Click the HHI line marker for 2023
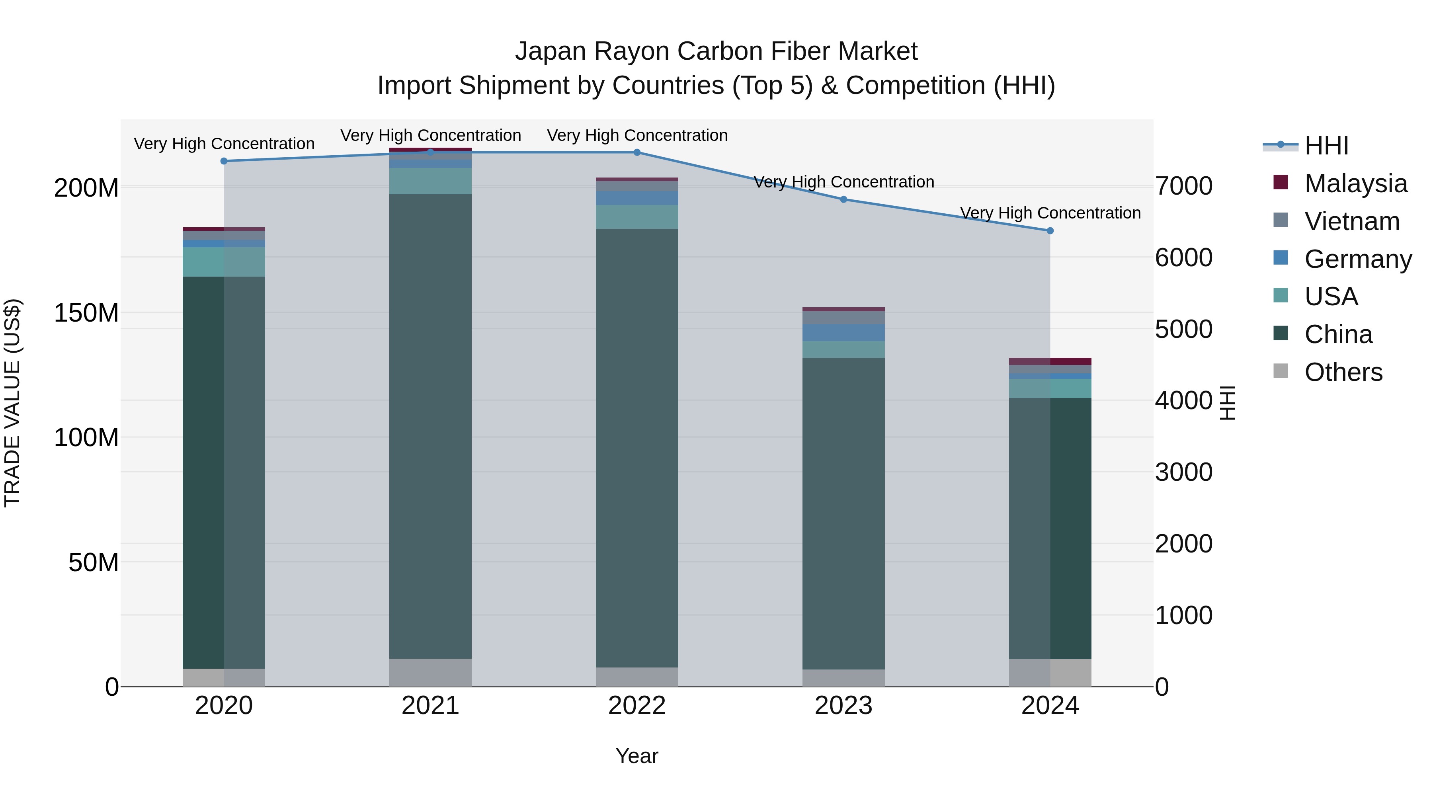click(x=843, y=199)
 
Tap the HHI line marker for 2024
click(x=1050, y=230)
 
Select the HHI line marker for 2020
click(x=224, y=161)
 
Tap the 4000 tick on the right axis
click(x=1184, y=400)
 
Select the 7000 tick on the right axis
click(x=1184, y=186)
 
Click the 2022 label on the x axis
click(x=636, y=706)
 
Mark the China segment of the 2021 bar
click(x=430, y=425)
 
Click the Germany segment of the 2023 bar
click(x=843, y=333)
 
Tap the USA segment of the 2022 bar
click(x=636, y=217)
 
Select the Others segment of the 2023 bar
click(x=843, y=677)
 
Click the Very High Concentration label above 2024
click(x=1050, y=213)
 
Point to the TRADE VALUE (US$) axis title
click(x=12, y=403)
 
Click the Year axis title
click(x=636, y=756)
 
